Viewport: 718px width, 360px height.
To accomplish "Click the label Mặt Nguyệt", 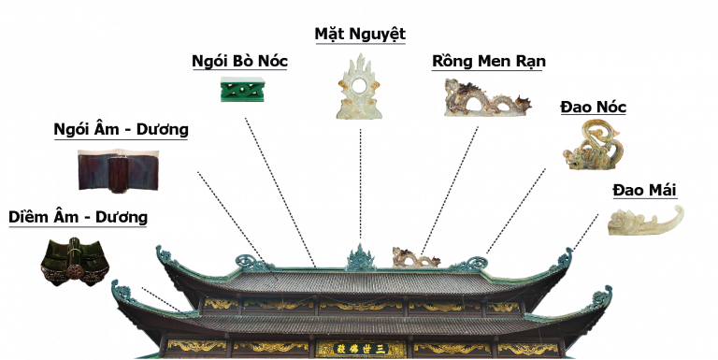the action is tap(360, 35).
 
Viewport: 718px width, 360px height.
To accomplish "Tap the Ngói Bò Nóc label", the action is tap(239, 62).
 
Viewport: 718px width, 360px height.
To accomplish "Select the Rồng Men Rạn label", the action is tap(489, 62).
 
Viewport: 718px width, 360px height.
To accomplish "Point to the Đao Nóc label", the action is tap(593, 108).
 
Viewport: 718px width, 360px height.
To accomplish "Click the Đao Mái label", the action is tap(645, 190).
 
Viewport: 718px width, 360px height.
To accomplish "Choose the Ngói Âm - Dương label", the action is tap(121, 130).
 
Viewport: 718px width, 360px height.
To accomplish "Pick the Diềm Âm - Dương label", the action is tap(78, 217).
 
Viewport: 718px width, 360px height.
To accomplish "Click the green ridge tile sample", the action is tap(243, 89).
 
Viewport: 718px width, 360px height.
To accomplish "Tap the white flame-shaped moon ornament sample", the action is tap(359, 87).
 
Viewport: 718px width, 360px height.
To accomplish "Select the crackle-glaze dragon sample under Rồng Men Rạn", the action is tap(487, 97).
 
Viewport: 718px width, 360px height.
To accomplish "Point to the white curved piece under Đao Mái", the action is tap(646, 222).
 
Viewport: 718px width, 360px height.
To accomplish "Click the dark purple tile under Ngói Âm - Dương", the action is tap(118, 170).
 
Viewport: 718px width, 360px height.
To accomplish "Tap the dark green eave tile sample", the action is tap(75, 261).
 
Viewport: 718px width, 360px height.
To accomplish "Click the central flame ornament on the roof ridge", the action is tap(361, 258).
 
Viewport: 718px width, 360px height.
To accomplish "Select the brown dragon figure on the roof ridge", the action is tap(415, 257).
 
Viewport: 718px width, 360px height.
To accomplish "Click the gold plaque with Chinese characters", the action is tap(361, 349).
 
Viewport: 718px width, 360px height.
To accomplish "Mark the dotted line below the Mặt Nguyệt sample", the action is tap(360, 184).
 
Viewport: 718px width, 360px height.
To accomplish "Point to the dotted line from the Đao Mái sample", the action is tap(585, 232).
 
